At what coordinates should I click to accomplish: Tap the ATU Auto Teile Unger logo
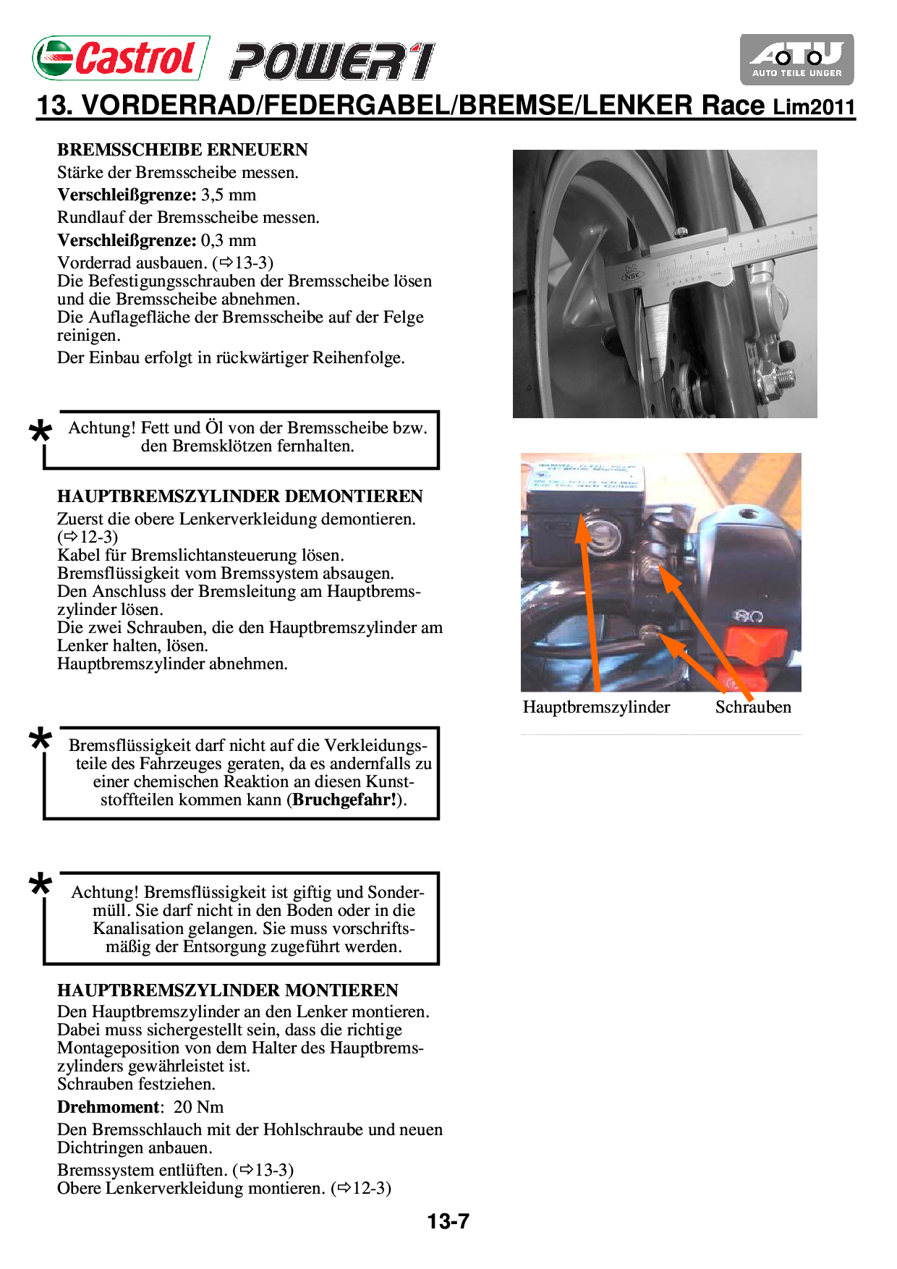pyautogui.click(x=796, y=59)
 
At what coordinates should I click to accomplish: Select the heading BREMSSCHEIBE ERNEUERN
pyautogui.click(x=182, y=150)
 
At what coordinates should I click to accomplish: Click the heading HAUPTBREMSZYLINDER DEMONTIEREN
pyautogui.click(x=239, y=496)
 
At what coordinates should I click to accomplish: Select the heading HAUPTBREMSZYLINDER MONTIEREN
pyautogui.click(x=228, y=990)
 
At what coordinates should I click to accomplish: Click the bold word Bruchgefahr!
pyautogui.click(x=344, y=800)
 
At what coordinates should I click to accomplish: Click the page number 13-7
pyautogui.click(x=448, y=1221)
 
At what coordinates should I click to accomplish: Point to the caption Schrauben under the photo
pyautogui.click(x=753, y=707)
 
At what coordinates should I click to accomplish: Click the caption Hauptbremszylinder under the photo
pyautogui.click(x=596, y=707)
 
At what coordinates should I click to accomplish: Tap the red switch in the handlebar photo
pyautogui.click(x=755, y=642)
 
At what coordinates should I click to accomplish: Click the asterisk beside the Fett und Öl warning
pyautogui.click(x=41, y=432)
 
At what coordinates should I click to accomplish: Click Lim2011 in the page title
pyautogui.click(x=814, y=107)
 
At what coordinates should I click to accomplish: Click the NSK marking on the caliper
pyautogui.click(x=633, y=276)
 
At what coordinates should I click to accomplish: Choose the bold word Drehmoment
pyautogui.click(x=108, y=1107)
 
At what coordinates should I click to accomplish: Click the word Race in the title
pyautogui.click(x=733, y=106)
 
